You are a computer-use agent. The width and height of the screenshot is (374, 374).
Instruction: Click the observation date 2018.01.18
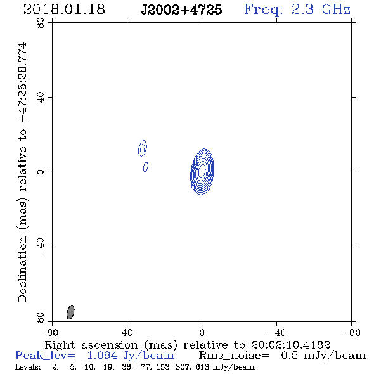pos(64,10)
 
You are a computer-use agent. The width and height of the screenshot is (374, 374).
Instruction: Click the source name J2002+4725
pos(181,10)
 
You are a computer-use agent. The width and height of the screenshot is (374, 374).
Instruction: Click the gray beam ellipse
pos(70,312)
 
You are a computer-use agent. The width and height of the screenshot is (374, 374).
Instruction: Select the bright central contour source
pos(202,172)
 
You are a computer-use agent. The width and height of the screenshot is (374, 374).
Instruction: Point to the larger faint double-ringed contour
pos(143,148)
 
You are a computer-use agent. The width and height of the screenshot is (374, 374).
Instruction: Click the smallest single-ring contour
pos(146,167)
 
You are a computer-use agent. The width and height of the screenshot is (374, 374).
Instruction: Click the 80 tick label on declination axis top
pos(41,23)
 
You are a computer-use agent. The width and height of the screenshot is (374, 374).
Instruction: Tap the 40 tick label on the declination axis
pos(41,98)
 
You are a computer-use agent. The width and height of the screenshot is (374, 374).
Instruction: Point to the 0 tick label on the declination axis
pos(41,172)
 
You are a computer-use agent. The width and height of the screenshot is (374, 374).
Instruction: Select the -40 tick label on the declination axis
pos(41,247)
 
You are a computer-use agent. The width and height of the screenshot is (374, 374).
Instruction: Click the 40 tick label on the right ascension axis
pos(127,333)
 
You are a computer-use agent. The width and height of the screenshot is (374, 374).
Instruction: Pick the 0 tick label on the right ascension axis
pos(202,333)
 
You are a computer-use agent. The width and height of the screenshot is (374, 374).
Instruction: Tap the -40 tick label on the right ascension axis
pos(276,333)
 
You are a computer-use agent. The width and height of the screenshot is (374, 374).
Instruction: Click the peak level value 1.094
pos(102,356)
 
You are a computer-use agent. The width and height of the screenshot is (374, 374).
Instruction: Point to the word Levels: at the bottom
pos(28,367)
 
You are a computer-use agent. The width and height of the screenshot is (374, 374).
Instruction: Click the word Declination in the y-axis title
pos(22,269)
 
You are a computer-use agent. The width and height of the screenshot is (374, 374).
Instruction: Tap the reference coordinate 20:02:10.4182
pos(290,345)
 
